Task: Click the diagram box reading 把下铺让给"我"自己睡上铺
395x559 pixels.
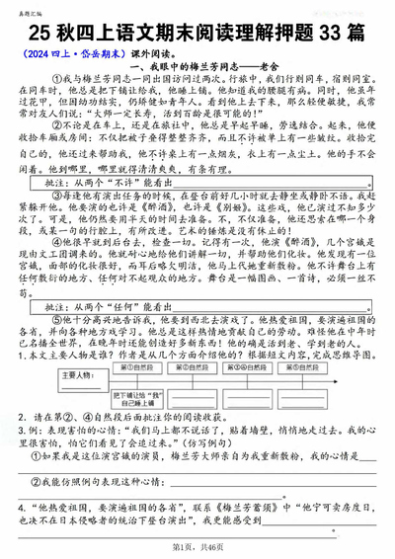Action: point(125,425)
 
